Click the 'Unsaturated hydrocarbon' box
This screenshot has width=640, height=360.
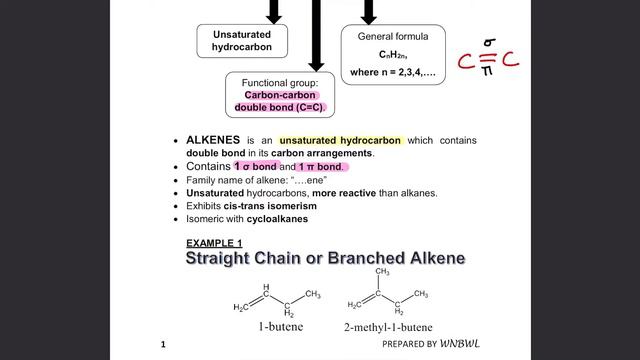[x=242, y=40]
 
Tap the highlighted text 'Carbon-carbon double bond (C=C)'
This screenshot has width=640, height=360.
[x=284, y=101]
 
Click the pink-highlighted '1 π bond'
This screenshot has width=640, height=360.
[x=321, y=166]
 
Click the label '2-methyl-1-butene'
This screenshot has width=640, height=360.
[x=387, y=327]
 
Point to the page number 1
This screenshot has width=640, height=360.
[x=163, y=345]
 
